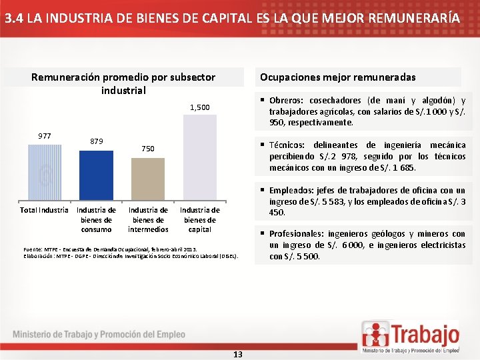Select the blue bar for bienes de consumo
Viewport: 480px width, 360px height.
(96, 175)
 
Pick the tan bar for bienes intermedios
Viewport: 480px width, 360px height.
(148, 180)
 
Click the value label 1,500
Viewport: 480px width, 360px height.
(199, 107)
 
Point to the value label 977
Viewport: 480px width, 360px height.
(45, 136)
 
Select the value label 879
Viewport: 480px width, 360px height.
(96, 141)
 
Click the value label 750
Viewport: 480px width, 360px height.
(148, 149)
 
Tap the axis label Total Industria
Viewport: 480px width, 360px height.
(45, 210)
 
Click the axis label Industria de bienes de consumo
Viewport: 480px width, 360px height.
(96, 219)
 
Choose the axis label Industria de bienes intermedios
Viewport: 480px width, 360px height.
(148, 219)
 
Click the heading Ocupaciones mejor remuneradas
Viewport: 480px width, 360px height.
(337, 77)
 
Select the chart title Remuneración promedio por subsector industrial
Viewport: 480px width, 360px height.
(123, 83)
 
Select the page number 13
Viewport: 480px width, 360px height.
(238, 354)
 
